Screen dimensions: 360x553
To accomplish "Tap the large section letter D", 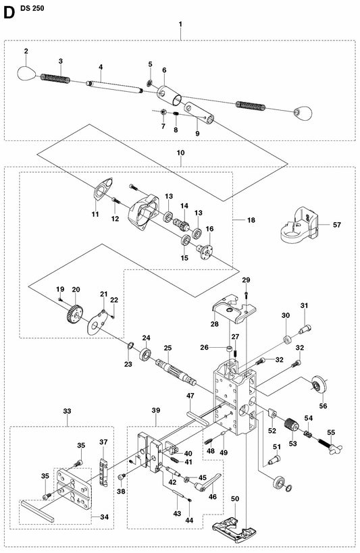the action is [x=9, y=13].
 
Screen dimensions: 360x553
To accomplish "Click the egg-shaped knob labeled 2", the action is [x=26, y=73].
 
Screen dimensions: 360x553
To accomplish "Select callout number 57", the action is [x=337, y=225].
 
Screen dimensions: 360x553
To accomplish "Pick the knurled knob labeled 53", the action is [x=292, y=424].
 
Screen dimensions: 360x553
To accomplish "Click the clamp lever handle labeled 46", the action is [x=207, y=483].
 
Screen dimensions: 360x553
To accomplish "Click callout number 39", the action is [x=155, y=410].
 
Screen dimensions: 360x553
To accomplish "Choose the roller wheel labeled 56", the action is [x=319, y=386].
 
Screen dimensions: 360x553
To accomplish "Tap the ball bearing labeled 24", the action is [x=145, y=354].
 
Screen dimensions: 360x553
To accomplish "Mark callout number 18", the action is [x=251, y=220].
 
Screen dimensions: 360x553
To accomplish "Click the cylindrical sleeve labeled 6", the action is [x=170, y=95].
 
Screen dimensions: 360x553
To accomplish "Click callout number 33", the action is [x=67, y=411].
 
